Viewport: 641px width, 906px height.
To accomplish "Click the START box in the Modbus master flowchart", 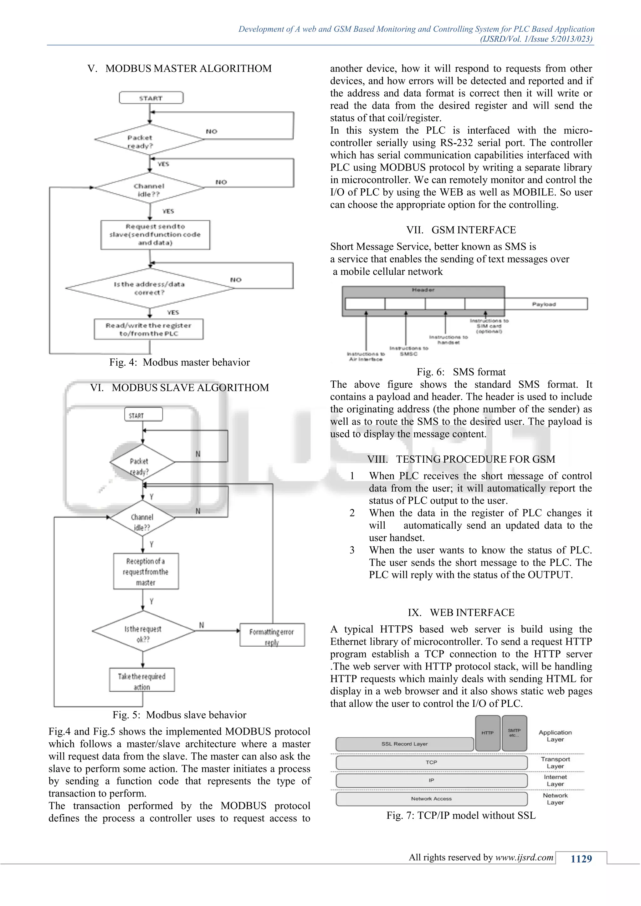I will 151,98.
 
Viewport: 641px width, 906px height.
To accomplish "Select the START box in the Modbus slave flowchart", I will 143,415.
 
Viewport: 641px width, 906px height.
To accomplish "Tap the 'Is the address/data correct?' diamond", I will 150,288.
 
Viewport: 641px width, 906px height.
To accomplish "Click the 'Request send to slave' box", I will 155,235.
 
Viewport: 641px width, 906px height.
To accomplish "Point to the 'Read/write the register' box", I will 148,329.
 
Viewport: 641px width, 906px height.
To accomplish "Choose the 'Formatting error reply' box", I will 272,635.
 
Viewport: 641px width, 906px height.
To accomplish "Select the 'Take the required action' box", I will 142,679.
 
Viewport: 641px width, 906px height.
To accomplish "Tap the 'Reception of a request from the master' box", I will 146,571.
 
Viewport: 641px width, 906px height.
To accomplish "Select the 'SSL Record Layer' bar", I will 405,744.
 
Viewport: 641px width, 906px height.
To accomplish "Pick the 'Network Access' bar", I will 431,799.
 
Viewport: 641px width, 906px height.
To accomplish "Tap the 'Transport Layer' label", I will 555,762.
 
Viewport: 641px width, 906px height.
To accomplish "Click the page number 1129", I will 581,859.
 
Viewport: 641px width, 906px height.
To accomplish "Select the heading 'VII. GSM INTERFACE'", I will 461,230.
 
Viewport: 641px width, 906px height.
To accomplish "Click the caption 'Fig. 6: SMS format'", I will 461,372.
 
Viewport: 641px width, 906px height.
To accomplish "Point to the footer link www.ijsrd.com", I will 524,857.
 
